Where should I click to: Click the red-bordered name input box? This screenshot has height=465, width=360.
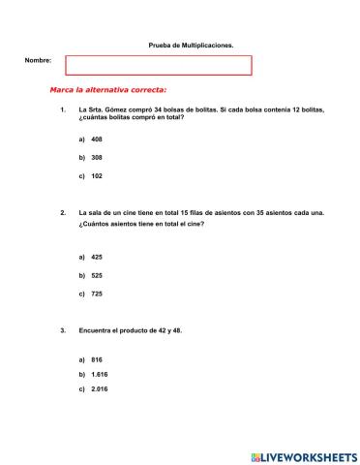(x=158, y=65)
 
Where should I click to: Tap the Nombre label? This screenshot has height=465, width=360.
(x=38, y=60)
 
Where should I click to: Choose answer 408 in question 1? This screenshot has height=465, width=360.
(x=97, y=139)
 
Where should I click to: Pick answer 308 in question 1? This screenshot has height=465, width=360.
(x=97, y=157)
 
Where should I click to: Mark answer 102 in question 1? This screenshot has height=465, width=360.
(x=97, y=176)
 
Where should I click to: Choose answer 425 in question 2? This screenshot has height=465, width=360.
(x=97, y=257)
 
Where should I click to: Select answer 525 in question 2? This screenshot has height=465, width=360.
(x=97, y=275)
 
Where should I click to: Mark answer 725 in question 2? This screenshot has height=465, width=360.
(x=97, y=294)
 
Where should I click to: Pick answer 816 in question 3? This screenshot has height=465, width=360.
(x=97, y=359)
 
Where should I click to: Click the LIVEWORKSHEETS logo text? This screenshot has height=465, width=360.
(x=311, y=455)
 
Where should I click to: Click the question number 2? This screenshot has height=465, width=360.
(x=62, y=213)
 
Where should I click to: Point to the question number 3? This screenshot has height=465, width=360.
(x=62, y=331)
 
